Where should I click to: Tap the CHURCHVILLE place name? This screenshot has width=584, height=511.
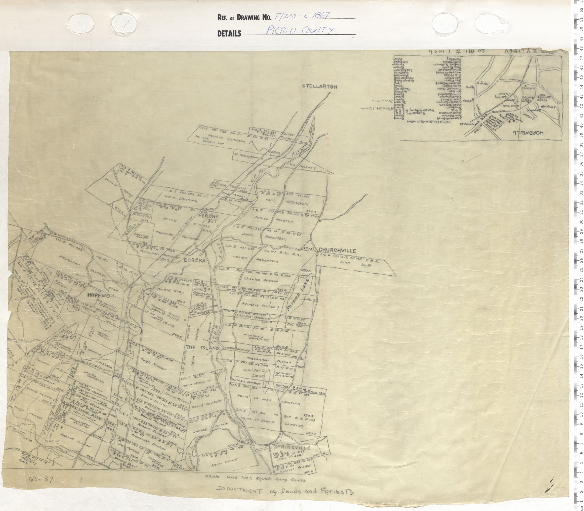tap(337, 250)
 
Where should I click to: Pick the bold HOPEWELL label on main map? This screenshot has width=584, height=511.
tap(101, 296)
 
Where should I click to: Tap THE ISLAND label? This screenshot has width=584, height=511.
tap(202, 348)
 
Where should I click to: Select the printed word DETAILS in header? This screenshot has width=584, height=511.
tap(229, 34)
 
